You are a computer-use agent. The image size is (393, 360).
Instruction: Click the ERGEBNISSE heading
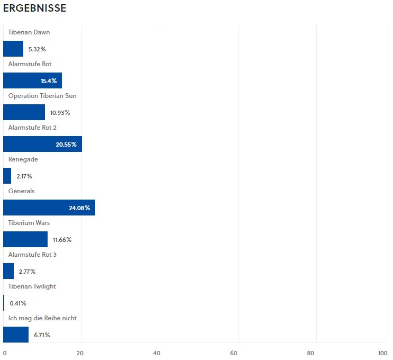(35, 9)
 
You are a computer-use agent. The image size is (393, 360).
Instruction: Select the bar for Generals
(49, 208)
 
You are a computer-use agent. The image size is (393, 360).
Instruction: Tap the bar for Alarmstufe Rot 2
(42, 144)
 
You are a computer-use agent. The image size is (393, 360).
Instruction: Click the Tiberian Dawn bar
(13, 49)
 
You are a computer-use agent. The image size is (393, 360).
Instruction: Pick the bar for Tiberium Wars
(25, 239)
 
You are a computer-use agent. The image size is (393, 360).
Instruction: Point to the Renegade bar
(7, 176)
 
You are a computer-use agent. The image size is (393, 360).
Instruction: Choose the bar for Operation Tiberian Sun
(24, 112)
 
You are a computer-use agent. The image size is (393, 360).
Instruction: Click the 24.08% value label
(79, 208)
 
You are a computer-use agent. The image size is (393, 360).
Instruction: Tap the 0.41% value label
(18, 303)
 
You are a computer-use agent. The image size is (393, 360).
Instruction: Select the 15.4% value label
(49, 81)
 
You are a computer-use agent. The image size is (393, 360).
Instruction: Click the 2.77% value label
(27, 272)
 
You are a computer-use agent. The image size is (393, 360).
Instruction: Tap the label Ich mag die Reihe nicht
(42, 318)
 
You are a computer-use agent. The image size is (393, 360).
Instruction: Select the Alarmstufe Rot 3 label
(32, 255)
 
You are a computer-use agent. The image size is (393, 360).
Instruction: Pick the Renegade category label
(23, 159)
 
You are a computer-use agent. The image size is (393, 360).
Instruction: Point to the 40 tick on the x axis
(157, 353)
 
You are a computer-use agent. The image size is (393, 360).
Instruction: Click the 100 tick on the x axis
(382, 353)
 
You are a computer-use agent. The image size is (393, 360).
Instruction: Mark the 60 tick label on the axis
(234, 353)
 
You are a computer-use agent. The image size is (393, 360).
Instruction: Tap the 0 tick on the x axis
(5, 353)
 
